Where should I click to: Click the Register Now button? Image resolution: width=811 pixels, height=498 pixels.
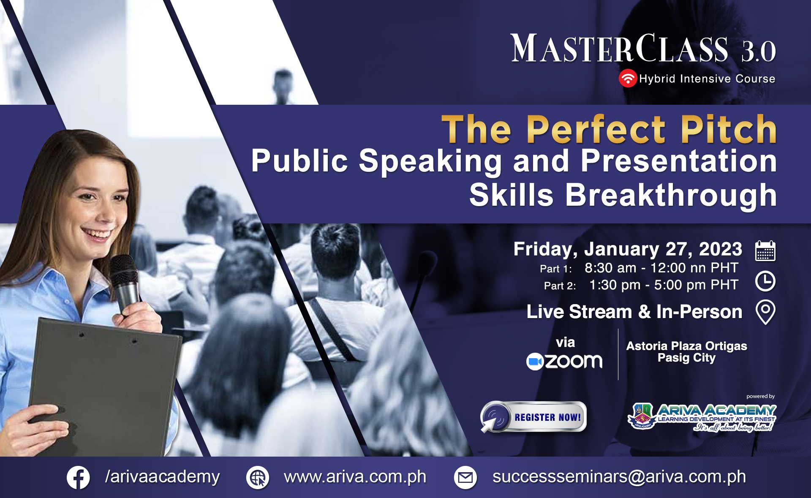[x=533, y=417]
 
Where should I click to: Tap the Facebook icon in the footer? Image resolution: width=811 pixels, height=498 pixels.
[x=78, y=478]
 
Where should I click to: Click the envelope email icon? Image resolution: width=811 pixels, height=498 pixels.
[x=465, y=478]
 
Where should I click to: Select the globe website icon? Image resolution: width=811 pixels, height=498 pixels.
[x=258, y=478]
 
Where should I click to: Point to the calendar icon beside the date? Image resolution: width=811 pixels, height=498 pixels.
[x=765, y=250]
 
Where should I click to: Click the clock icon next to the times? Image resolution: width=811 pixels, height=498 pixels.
[x=765, y=281]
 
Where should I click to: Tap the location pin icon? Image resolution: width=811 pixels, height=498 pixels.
[x=765, y=313]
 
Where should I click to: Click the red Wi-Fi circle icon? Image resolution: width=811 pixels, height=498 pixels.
[x=628, y=78]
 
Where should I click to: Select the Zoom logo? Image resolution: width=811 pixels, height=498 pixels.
[x=564, y=362]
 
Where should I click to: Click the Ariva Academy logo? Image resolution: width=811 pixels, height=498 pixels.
[x=702, y=417]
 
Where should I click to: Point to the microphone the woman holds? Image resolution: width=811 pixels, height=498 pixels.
[x=125, y=283]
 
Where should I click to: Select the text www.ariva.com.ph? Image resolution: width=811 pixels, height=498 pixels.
[x=355, y=477]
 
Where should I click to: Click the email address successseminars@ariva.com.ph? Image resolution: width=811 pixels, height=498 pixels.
[x=619, y=477]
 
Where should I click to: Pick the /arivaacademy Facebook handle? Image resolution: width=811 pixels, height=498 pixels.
[x=162, y=477]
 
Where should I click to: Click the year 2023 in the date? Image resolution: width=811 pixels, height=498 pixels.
[x=721, y=249]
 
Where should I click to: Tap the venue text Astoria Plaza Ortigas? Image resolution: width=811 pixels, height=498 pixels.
[x=686, y=346]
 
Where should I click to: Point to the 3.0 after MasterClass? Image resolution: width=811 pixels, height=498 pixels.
[x=758, y=52]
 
